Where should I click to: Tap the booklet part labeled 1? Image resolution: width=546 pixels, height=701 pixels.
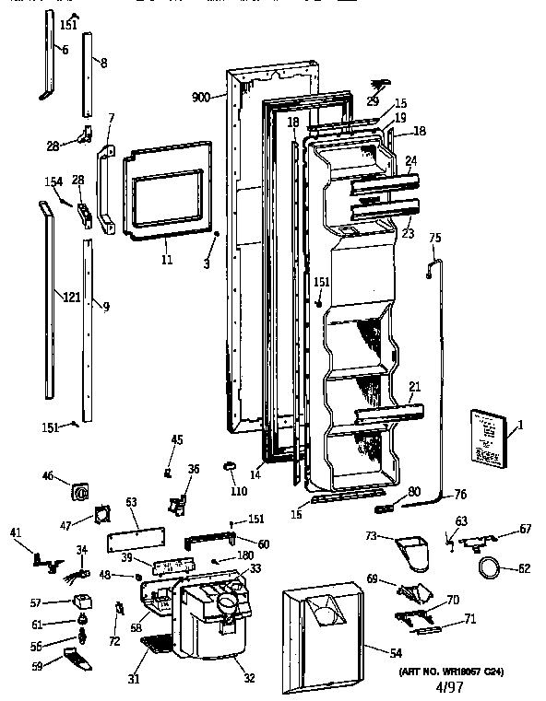point(488,436)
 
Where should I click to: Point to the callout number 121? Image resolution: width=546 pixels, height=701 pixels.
point(70,297)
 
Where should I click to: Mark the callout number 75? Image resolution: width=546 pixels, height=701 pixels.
point(435,239)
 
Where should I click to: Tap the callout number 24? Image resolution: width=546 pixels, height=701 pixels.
point(411,160)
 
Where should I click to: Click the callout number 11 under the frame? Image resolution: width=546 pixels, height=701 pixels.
point(167,261)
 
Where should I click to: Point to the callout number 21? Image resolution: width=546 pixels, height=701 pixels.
point(415,385)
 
